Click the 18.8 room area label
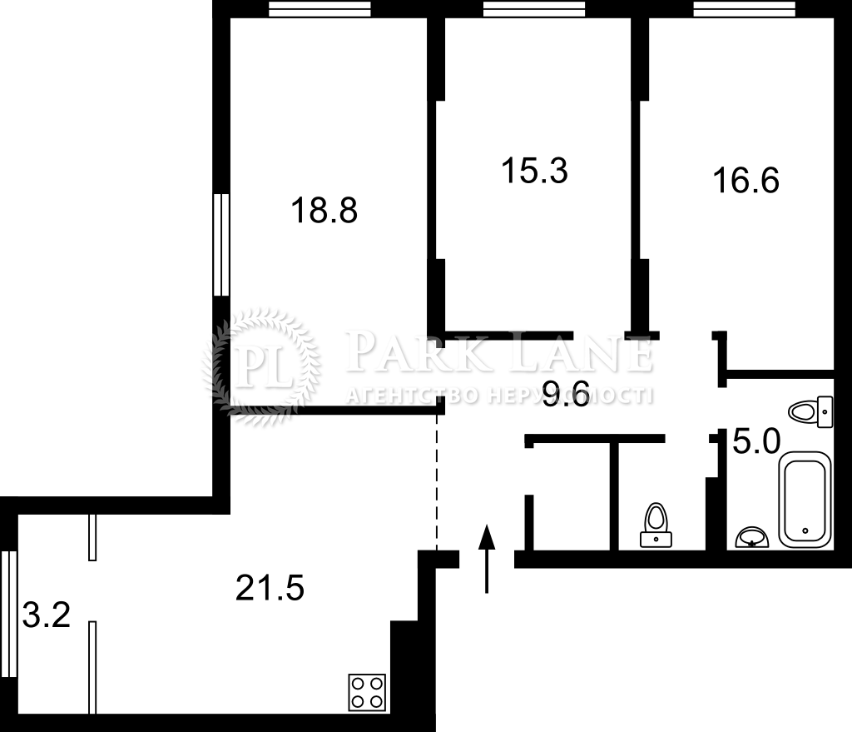(x=324, y=211)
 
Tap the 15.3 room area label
(x=535, y=170)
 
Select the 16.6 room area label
(x=746, y=180)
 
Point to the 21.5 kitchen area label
(x=270, y=588)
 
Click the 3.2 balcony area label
(x=47, y=615)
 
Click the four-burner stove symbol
(x=367, y=692)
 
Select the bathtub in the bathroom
(x=805, y=500)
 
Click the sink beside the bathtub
(x=752, y=537)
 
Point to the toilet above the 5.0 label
(x=810, y=411)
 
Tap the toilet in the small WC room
(x=656, y=525)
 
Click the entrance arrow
(x=487, y=559)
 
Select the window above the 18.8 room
(x=319, y=8)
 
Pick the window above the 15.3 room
(x=534, y=8)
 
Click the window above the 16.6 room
(x=745, y=8)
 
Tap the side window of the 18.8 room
(x=221, y=245)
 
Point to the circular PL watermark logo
(x=261, y=366)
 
